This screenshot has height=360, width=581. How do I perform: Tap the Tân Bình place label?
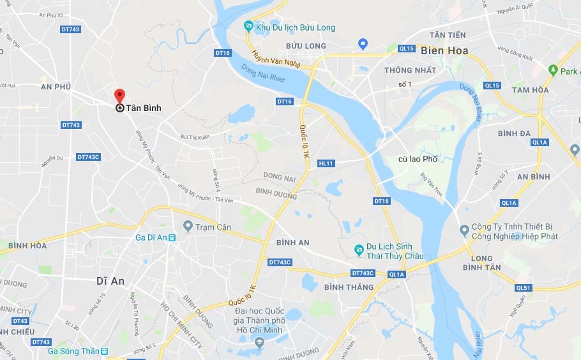point(143,109)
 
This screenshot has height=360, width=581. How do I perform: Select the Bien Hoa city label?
point(444,50)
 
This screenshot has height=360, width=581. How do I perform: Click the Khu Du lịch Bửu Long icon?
point(249,27)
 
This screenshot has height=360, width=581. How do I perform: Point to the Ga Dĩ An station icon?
point(172,237)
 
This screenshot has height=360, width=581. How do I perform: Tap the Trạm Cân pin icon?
point(188,227)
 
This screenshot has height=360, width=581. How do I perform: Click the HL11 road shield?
point(326,163)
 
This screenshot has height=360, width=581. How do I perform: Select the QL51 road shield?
point(524,288)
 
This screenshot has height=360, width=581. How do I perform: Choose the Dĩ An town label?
point(110,280)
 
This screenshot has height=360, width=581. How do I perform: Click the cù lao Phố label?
point(418,159)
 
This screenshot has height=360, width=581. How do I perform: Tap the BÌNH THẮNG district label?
point(349,287)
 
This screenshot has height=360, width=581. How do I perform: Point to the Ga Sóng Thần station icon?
point(105,351)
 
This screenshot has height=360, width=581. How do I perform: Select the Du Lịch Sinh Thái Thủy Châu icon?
point(360,248)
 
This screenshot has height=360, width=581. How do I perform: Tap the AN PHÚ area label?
point(56,86)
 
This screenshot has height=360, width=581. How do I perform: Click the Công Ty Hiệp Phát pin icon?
point(464,230)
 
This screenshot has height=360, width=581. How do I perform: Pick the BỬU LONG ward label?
point(306,46)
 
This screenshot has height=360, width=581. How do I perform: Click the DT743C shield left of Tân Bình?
point(88,157)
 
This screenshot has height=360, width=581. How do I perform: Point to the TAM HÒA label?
point(530,90)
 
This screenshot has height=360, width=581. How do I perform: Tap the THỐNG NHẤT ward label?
point(411,70)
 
